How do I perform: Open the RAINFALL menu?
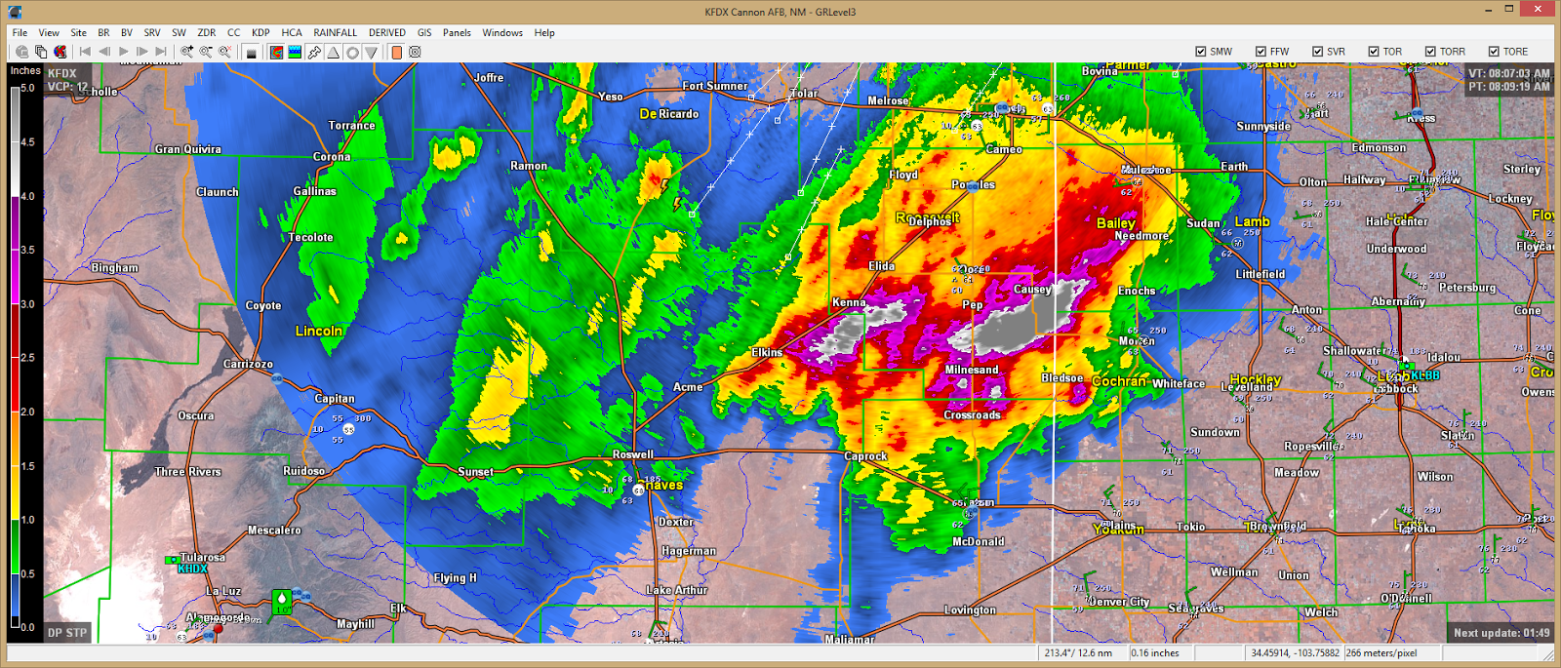[x=335, y=32]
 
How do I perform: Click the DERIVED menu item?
[x=386, y=32]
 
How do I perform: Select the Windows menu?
[x=501, y=32]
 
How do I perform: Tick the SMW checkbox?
[x=1201, y=52]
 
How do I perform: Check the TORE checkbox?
[x=1494, y=52]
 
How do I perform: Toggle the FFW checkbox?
[x=1261, y=52]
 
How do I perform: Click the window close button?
[x=1539, y=10]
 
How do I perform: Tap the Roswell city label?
[x=632, y=454]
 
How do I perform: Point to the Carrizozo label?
[x=248, y=364]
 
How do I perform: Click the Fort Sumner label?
[x=714, y=86]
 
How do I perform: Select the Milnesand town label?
[x=971, y=370]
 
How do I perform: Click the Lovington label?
[x=970, y=610]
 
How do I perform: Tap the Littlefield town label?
[x=1260, y=274]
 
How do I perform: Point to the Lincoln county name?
[x=318, y=331]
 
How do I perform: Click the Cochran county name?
[x=1118, y=380]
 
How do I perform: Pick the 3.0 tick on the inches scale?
[x=26, y=304]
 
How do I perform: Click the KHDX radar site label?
[x=192, y=569]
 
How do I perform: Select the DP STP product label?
[x=67, y=633]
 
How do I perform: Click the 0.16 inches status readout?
[x=1155, y=653]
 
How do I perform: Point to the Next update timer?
[x=1501, y=633]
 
